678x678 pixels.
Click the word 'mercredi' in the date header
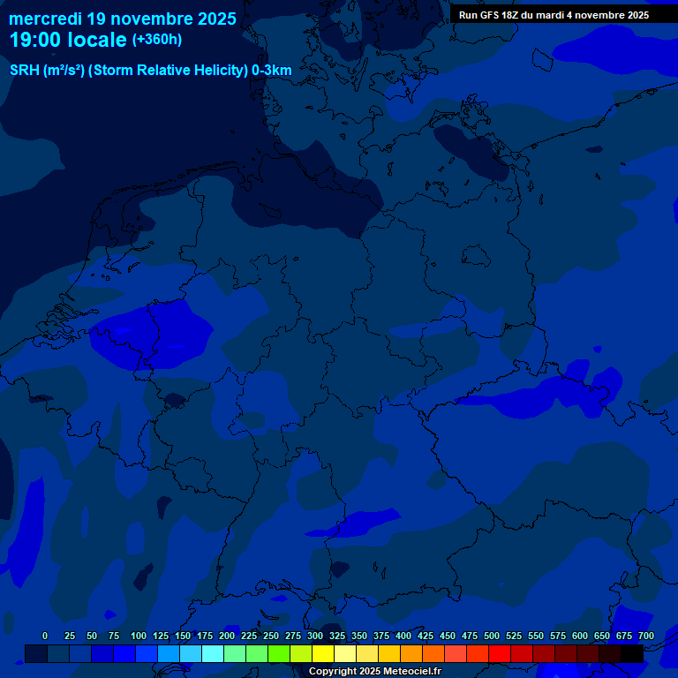click(x=45, y=18)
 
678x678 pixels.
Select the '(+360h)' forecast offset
click(x=156, y=39)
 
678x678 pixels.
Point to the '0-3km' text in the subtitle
click(x=272, y=71)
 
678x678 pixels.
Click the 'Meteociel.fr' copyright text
click(x=411, y=672)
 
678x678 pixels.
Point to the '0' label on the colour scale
click(x=45, y=636)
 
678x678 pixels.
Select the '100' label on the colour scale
click(x=139, y=636)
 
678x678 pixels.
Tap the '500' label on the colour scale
click(x=492, y=636)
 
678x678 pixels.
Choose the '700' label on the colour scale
click(x=646, y=636)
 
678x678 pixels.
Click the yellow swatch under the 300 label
click(x=323, y=653)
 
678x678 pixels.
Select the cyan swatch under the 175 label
click(x=213, y=653)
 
